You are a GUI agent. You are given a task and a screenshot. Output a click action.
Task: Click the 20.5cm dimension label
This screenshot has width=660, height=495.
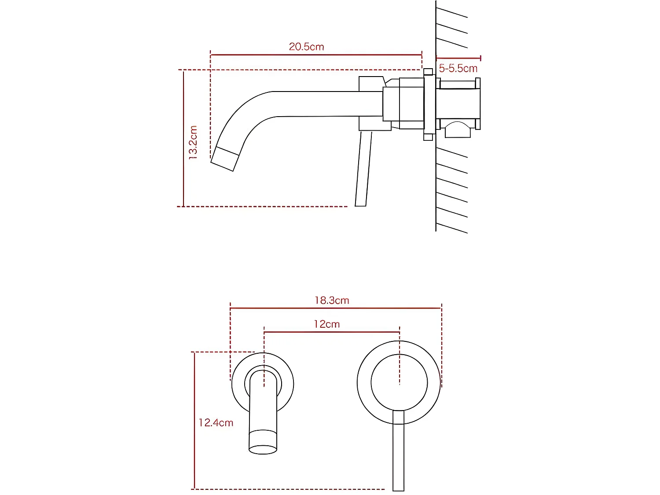(x=306, y=47)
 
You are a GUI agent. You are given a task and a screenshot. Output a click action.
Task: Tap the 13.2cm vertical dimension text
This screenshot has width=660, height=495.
(x=193, y=142)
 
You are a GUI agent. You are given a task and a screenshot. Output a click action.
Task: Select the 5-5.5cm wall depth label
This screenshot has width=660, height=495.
(x=458, y=69)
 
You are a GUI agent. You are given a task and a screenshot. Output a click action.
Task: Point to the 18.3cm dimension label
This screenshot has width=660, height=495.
(x=332, y=301)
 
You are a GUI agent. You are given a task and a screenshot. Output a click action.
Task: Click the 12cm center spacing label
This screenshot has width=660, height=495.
(x=326, y=324)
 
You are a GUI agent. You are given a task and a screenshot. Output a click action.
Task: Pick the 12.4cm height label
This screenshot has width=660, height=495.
(x=216, y=423)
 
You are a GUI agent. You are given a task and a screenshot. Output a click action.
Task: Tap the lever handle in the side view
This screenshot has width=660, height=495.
(x=364, y=169)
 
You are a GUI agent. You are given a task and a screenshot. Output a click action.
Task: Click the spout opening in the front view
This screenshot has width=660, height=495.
(x=263, y=450)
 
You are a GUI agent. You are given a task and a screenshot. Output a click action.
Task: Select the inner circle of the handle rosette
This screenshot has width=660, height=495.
(x=399, y=382)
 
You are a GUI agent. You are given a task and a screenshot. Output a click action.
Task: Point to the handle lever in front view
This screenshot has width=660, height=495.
(x=398, y=453)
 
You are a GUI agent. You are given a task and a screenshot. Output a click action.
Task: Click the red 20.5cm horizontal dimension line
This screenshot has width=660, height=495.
(x=316, y=55)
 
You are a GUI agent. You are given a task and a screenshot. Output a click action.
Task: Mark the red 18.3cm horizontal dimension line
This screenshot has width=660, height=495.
(x=335, y=308)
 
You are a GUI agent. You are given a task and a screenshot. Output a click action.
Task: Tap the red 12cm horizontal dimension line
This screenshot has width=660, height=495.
(x=331, y=332)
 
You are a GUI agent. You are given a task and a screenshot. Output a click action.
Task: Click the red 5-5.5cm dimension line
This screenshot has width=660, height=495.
(x=458, y=58)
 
